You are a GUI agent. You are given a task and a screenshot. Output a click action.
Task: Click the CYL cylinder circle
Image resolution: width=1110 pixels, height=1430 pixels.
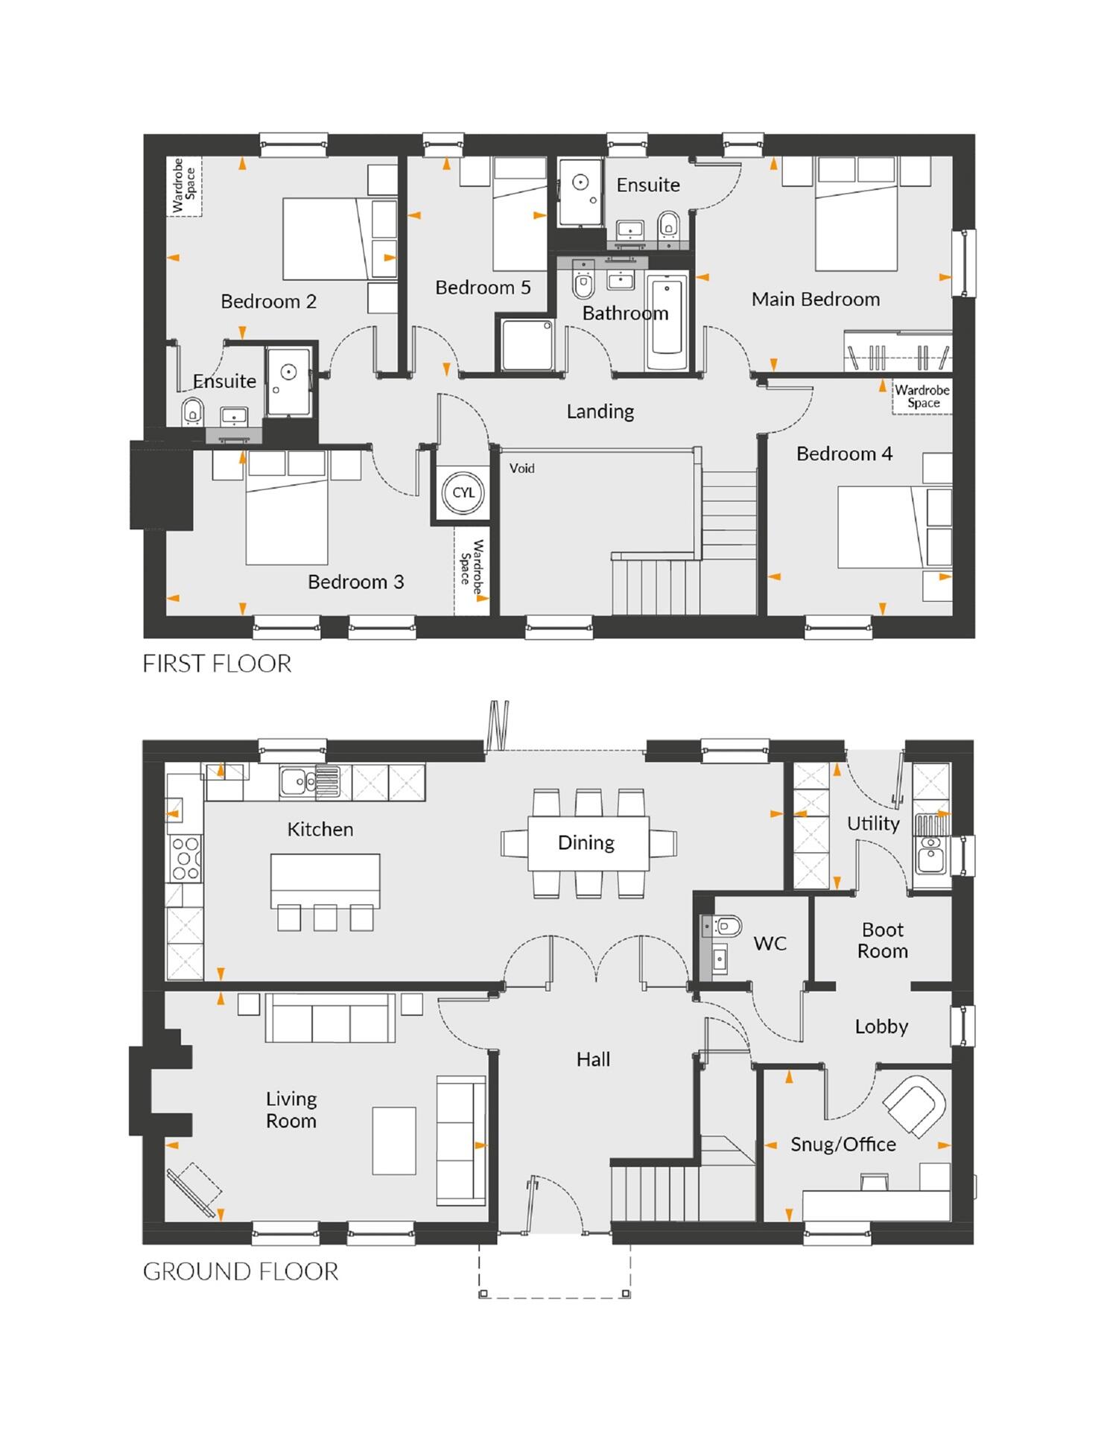(x=463, y=492)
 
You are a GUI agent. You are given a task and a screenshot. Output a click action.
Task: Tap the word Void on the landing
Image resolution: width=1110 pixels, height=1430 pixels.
(x=521, y=468)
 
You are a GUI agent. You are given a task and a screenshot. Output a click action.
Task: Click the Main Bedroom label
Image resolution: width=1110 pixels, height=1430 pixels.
(x=815, y=299)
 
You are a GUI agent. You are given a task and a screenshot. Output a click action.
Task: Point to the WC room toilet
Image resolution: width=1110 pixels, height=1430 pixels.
(x=727, y=926)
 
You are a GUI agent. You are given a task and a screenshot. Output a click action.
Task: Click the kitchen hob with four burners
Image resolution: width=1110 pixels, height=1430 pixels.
(x=185, y=859)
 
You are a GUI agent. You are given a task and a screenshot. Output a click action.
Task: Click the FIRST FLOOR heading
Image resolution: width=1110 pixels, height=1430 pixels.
(x=217, y=664)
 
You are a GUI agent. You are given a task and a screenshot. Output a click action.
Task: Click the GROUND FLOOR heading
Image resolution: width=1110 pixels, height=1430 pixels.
(x=240, y=1271)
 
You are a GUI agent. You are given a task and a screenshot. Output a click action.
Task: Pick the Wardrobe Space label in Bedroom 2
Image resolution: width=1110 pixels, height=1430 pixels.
(x=184, y=185)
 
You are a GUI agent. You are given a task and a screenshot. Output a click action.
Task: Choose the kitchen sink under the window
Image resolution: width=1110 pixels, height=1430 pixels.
(x=298, y=781)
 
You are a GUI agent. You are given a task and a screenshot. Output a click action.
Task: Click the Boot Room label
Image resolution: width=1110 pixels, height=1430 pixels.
(x=882, y=940)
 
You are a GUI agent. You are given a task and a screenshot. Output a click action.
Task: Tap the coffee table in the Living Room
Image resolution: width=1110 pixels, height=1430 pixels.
(x=394, y=1140)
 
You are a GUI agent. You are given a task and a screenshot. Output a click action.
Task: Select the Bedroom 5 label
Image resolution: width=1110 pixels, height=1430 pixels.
(x=483, y=287)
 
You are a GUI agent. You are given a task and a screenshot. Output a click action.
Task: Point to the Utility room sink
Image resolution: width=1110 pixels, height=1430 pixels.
(x=929, y=857)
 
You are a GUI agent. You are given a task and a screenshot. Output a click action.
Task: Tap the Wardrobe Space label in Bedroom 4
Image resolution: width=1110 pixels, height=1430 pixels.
(x=922, y=396)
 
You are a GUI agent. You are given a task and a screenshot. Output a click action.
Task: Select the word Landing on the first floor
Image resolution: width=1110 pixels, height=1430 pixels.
(x=600, y=411)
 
